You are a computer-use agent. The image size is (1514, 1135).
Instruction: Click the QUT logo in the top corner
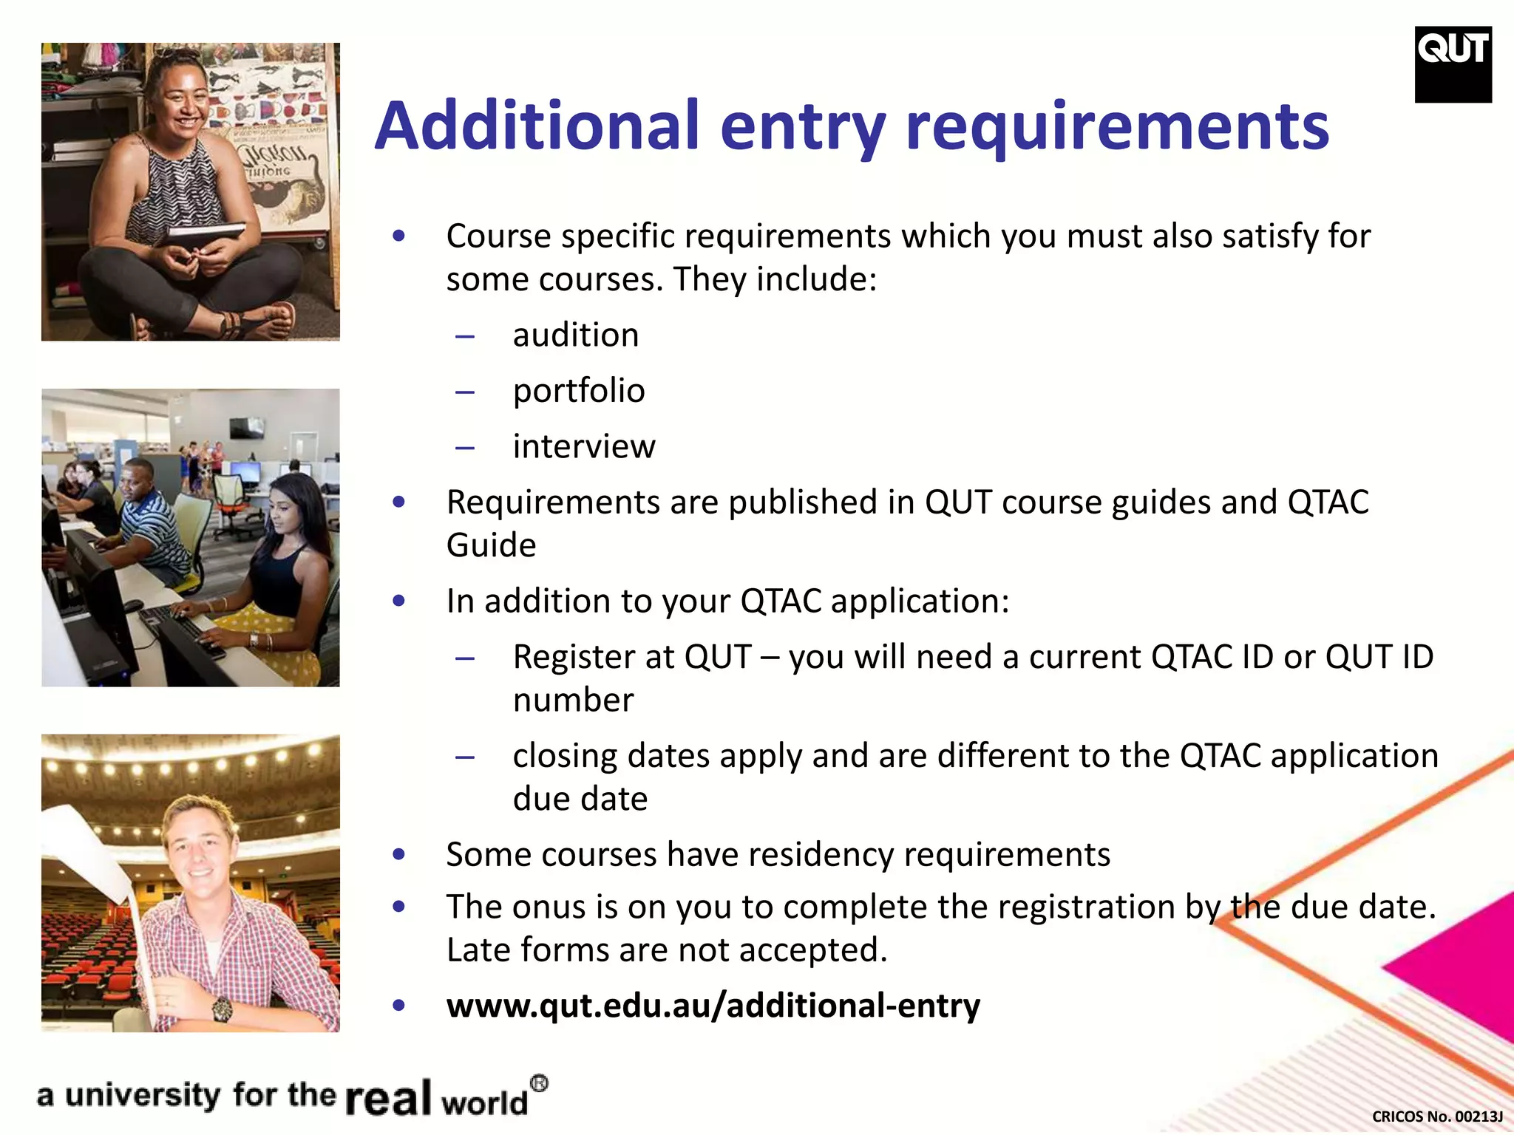pyautogui.click(x=1453, y=64)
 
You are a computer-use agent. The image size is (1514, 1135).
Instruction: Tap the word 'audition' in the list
pyautogui.click(x=576, y=335)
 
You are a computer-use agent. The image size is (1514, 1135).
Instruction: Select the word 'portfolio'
pyautogui.click(x=579, y=391)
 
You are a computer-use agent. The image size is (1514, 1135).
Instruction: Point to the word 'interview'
pyautogui.click(x=584, y=446)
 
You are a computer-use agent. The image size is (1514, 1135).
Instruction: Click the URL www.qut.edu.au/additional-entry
pyautogui.click(x=713, y=1006)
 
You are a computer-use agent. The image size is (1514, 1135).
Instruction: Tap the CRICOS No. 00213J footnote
pyautogui.click(x=1437, y=1117)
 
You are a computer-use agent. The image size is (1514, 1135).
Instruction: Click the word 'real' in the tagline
pyautogui.click(x=388, y=1098)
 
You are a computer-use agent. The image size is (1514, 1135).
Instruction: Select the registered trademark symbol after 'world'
pyautogui.click(x=540, y=1084)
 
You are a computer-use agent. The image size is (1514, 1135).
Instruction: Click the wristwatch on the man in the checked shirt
pyautogui.click(x=221, y=1008)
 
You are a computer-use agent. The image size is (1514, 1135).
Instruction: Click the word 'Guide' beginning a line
pyautogui.click(x=491, y=545)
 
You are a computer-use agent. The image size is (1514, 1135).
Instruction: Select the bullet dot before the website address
pyautogui.click(x=399, y=1006)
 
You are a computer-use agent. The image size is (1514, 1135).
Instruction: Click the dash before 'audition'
pyautogui.click(x=465, y=337)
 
